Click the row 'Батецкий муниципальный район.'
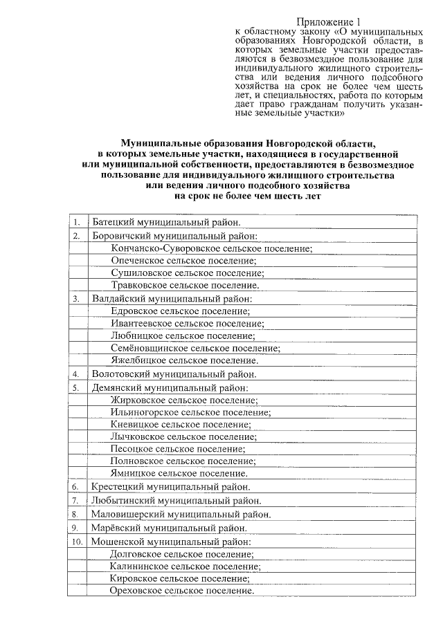[x=166, y=223]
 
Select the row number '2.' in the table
[x=76, y=236]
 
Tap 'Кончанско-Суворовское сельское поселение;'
[x=211, y=248]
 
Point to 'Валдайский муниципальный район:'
[x=172, y=299]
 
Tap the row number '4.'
[x=76, y=374]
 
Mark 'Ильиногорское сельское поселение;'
[x=190, y=412]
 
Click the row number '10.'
[x=77, y=542]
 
